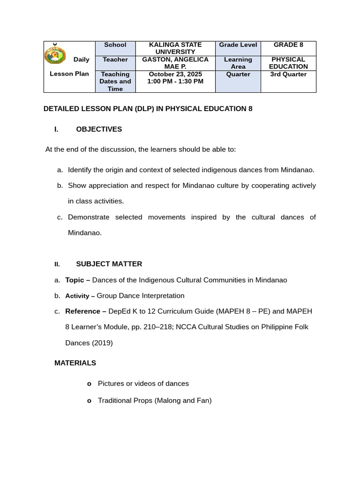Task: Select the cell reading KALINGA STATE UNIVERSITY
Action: click(x=175, y=48)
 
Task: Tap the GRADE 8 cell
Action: click(x=288, y=45)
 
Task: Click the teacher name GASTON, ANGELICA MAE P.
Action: click(x=175, y=63)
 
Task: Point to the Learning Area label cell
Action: click(x=238, y=63)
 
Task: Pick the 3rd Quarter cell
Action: click(x=288, y=74)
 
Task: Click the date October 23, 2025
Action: click(x=175, y=74)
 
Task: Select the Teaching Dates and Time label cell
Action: click(x=115, y=81)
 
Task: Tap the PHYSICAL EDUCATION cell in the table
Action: click(x=288, y=63)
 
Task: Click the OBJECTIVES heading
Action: click(x=98, y=129)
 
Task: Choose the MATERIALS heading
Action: click(x=75, y=363)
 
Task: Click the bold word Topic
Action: click(x=75, y=280)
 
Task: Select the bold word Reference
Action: click(x=82, y=311)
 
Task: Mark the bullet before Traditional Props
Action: click(x=89, y=401)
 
